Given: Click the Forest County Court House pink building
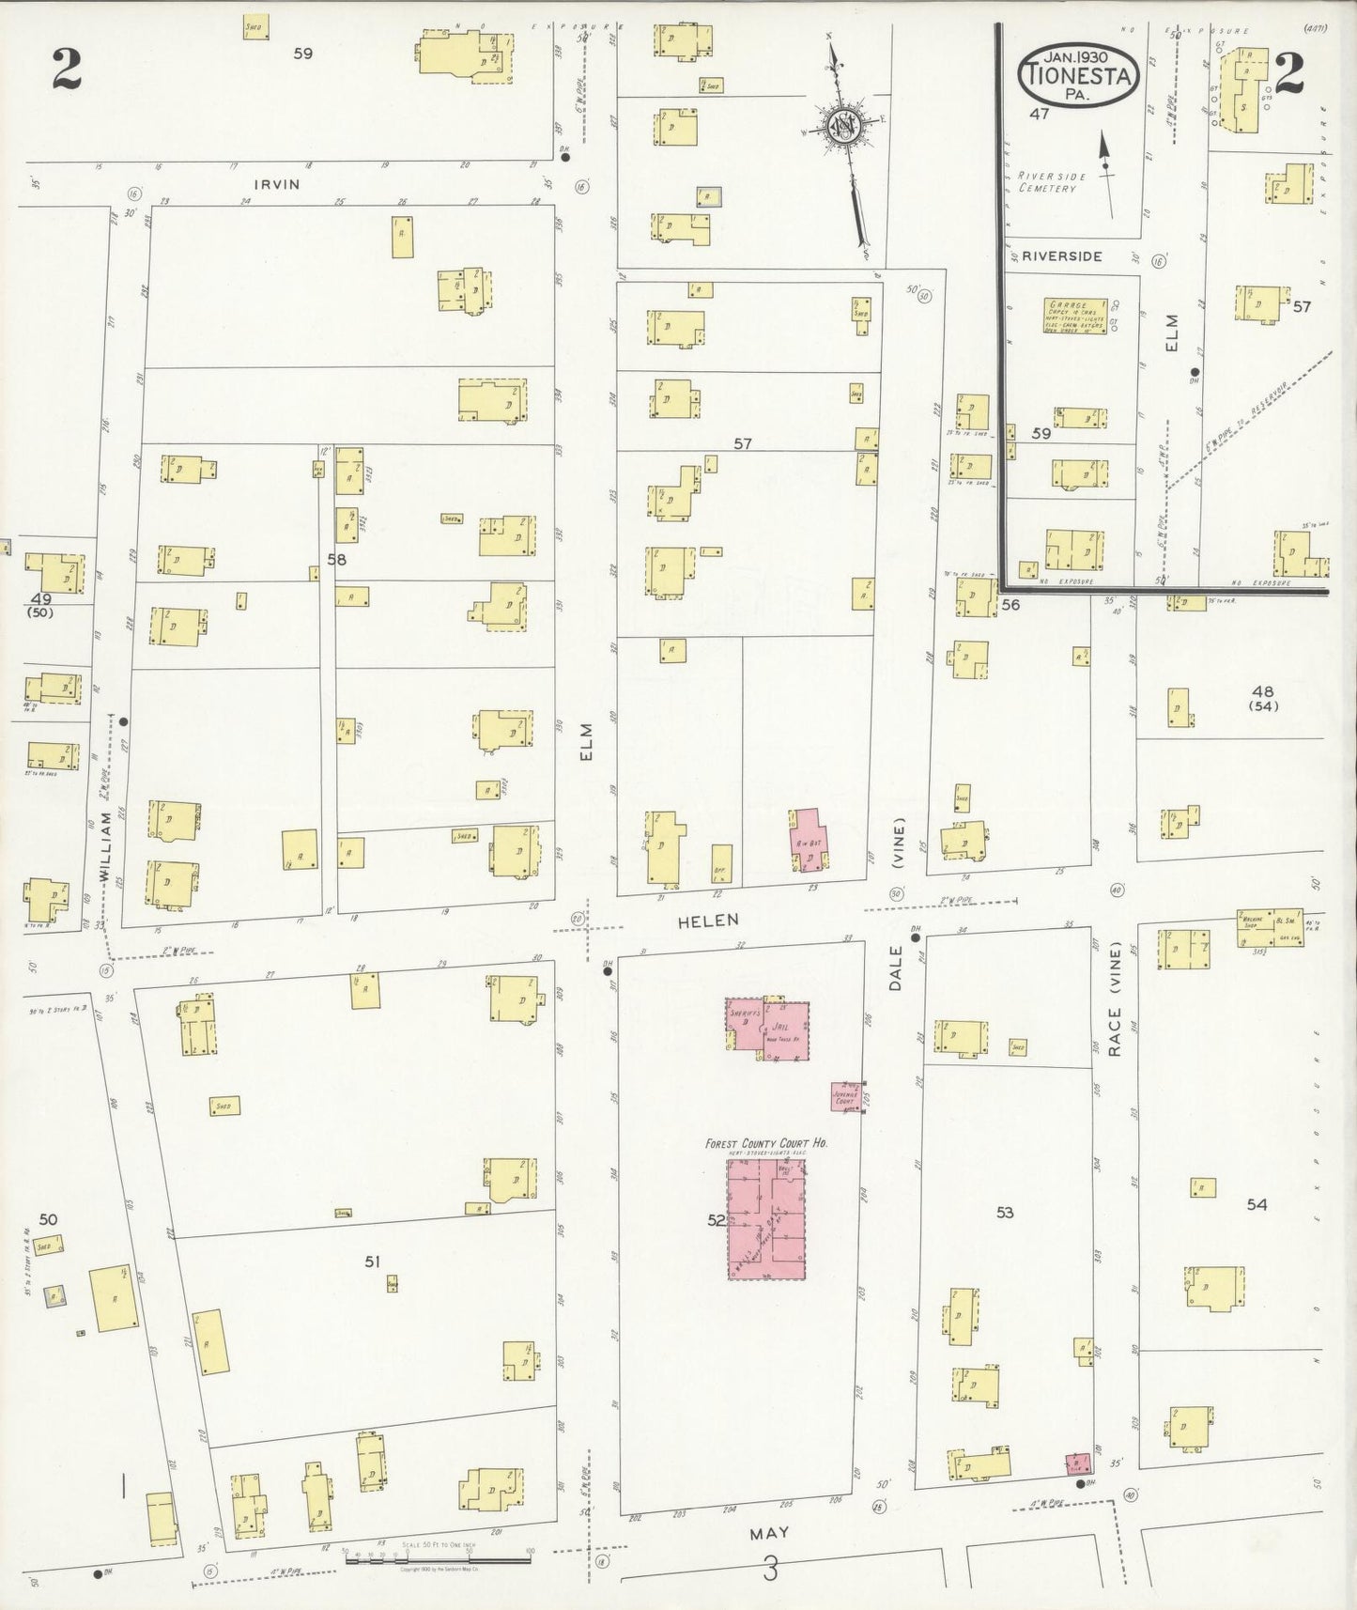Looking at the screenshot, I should click(768, 1218).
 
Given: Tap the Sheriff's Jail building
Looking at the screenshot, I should click(767, 1029).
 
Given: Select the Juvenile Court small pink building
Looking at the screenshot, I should click(847, 1097).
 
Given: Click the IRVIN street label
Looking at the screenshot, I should click(279, 184).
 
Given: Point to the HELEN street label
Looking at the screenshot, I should click(709, 921).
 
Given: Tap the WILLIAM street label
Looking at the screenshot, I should click(106, 846).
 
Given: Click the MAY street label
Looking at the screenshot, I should click(769, 1533).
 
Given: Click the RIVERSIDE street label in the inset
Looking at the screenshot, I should click(1062, 256).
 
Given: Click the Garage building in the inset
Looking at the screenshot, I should click(1076, 316).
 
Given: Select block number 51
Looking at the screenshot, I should click(373, 1262).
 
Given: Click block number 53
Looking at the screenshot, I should click(1005, 1213).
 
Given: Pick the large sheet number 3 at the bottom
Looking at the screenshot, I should click(770, 1569).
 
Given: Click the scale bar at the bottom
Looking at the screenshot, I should click(437, 1559).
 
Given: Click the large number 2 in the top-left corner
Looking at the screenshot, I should click(67, 70).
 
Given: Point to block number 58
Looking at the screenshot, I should click(336, 560).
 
